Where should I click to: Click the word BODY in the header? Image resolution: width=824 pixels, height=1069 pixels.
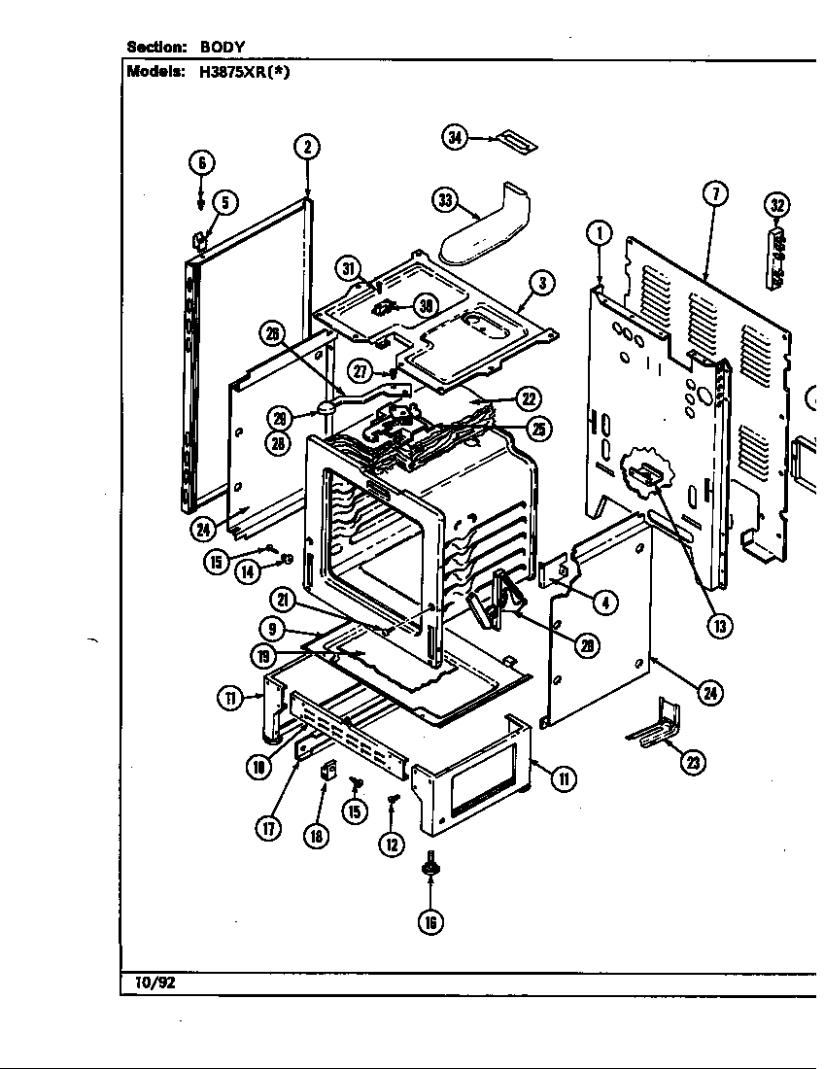223,46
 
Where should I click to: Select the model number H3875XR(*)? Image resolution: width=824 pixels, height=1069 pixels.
234,70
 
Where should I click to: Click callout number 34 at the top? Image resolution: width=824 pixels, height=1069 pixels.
455,137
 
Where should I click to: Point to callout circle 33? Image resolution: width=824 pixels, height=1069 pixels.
444,199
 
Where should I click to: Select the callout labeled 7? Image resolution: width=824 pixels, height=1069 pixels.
714,194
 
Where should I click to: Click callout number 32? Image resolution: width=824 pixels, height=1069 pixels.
777,205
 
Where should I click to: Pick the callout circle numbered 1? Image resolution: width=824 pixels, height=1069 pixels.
601,233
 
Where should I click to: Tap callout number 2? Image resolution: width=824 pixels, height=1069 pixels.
306,148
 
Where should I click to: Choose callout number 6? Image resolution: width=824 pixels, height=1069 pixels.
201,162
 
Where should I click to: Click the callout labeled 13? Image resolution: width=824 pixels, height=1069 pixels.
719,626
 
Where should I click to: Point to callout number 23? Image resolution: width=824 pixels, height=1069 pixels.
692,763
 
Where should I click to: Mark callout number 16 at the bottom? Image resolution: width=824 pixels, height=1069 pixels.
429,921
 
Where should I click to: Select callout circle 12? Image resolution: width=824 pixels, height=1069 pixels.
392,844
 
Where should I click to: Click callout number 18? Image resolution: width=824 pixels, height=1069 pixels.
317,835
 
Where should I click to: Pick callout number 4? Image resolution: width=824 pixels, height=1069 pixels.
604,603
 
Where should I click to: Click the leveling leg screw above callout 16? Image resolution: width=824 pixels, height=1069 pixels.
429,864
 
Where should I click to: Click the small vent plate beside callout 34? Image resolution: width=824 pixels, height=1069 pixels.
514,141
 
